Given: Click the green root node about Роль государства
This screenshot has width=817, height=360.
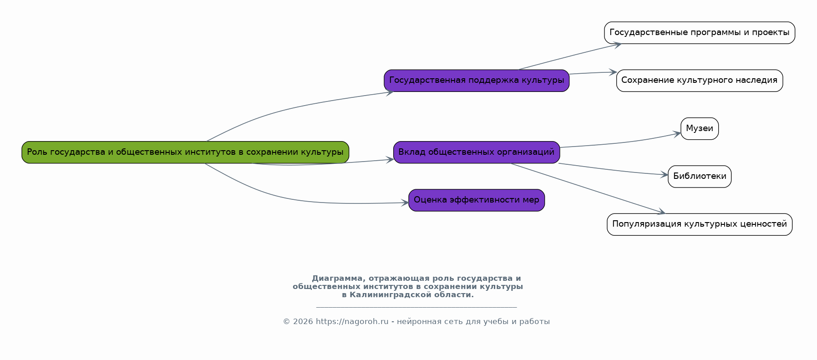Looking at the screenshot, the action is tap(185, 152).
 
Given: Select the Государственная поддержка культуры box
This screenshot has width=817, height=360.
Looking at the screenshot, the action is tap(477, 81).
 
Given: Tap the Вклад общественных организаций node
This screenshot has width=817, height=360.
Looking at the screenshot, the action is tap(477, 152).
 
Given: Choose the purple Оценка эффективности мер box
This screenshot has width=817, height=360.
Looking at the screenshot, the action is tap(477, 200).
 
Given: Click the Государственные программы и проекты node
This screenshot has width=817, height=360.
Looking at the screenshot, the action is tap(700, 33).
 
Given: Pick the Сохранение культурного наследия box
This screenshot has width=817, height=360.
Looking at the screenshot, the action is tap(700, 81).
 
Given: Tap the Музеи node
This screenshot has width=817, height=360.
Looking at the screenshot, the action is tap(700, 129).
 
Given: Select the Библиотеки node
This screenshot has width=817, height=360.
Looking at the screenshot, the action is tap(700, 177).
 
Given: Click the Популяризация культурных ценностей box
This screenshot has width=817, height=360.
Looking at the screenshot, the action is tap(700, 224).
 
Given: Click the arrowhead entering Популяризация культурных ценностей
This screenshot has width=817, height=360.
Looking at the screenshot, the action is tap(661, 212).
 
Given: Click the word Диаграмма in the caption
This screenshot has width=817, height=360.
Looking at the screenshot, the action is tap(338, 279).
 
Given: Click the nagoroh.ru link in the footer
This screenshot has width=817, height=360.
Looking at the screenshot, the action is tap(352, 322).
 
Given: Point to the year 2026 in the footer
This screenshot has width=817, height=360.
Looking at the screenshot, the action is tap(303, 322).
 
